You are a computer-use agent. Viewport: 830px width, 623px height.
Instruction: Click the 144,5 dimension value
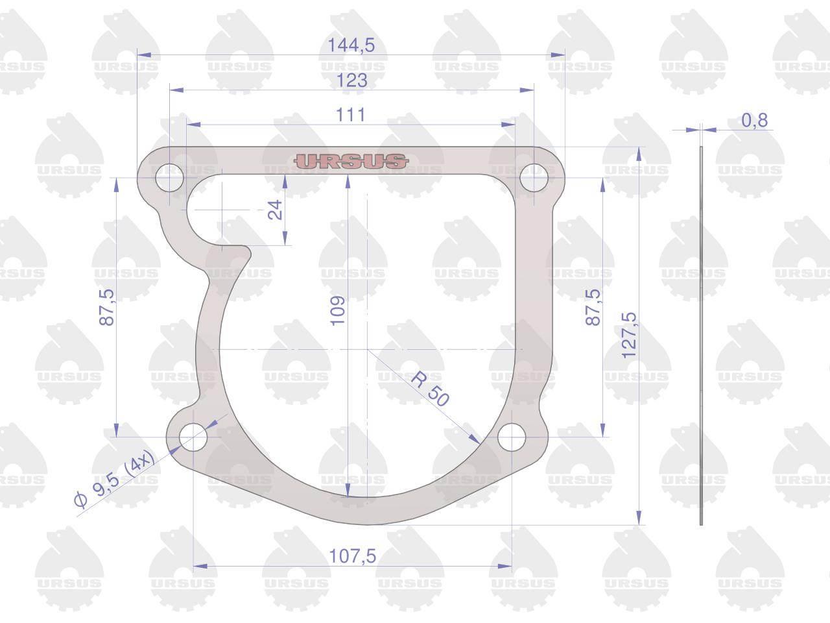(351, 45)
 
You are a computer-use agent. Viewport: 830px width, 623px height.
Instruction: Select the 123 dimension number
(351, 80)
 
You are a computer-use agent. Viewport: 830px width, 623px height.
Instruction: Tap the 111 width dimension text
(351, 115)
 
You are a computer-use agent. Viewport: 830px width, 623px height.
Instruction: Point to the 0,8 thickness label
(754, 120)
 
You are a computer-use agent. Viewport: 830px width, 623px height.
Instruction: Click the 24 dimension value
(276, 210)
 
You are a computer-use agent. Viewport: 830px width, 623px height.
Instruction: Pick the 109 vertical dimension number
(338, 311)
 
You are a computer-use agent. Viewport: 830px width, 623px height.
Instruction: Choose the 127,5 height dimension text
(629, 336)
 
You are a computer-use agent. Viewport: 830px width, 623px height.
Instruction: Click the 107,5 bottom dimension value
(352, 556)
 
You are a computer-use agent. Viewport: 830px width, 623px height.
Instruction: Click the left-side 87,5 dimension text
(106, 307)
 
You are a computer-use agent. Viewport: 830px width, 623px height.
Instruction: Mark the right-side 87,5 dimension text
(593, 307)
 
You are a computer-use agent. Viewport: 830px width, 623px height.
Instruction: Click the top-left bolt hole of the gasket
(169, 177)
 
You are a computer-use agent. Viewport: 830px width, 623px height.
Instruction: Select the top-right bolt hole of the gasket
(534, 177)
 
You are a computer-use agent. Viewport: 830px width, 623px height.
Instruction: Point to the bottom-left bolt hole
(193, 437)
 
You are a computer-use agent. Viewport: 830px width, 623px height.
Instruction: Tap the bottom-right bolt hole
(512, 437)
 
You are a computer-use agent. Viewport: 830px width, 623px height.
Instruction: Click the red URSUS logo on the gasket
(351, 161)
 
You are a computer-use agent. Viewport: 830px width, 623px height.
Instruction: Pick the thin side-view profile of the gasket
(701, 336)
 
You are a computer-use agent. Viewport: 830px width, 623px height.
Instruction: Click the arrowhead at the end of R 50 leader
(475, 439)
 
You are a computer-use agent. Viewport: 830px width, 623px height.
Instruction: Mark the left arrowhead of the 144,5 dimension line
(144, 55)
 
